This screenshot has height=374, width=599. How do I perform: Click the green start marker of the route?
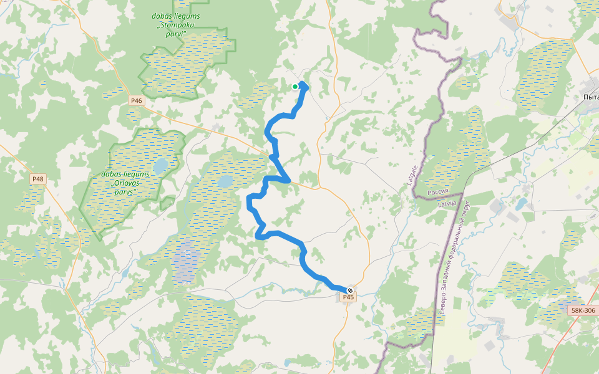click(295, 87)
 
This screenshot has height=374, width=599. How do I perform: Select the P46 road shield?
click(137, 100)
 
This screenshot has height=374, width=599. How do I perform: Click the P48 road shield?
click(38, 179)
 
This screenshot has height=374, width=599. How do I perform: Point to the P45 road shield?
click(348, 297)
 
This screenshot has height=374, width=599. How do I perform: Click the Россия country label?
click(439, 193)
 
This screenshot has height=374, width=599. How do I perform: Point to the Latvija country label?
click(447, 204)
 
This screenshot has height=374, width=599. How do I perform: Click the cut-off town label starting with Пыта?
click(590, 97)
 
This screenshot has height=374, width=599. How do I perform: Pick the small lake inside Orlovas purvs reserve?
click(160, 166)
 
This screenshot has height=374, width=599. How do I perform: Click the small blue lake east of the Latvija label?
click(521, 204)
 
